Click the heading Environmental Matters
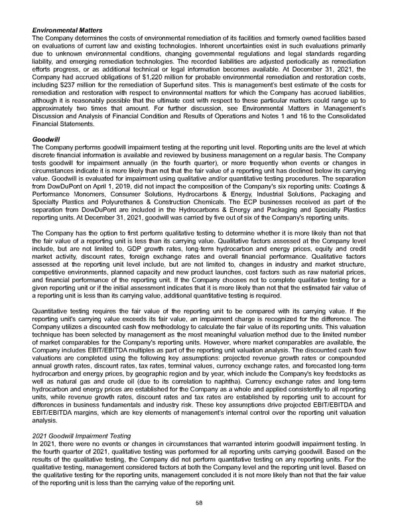[67, 31]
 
